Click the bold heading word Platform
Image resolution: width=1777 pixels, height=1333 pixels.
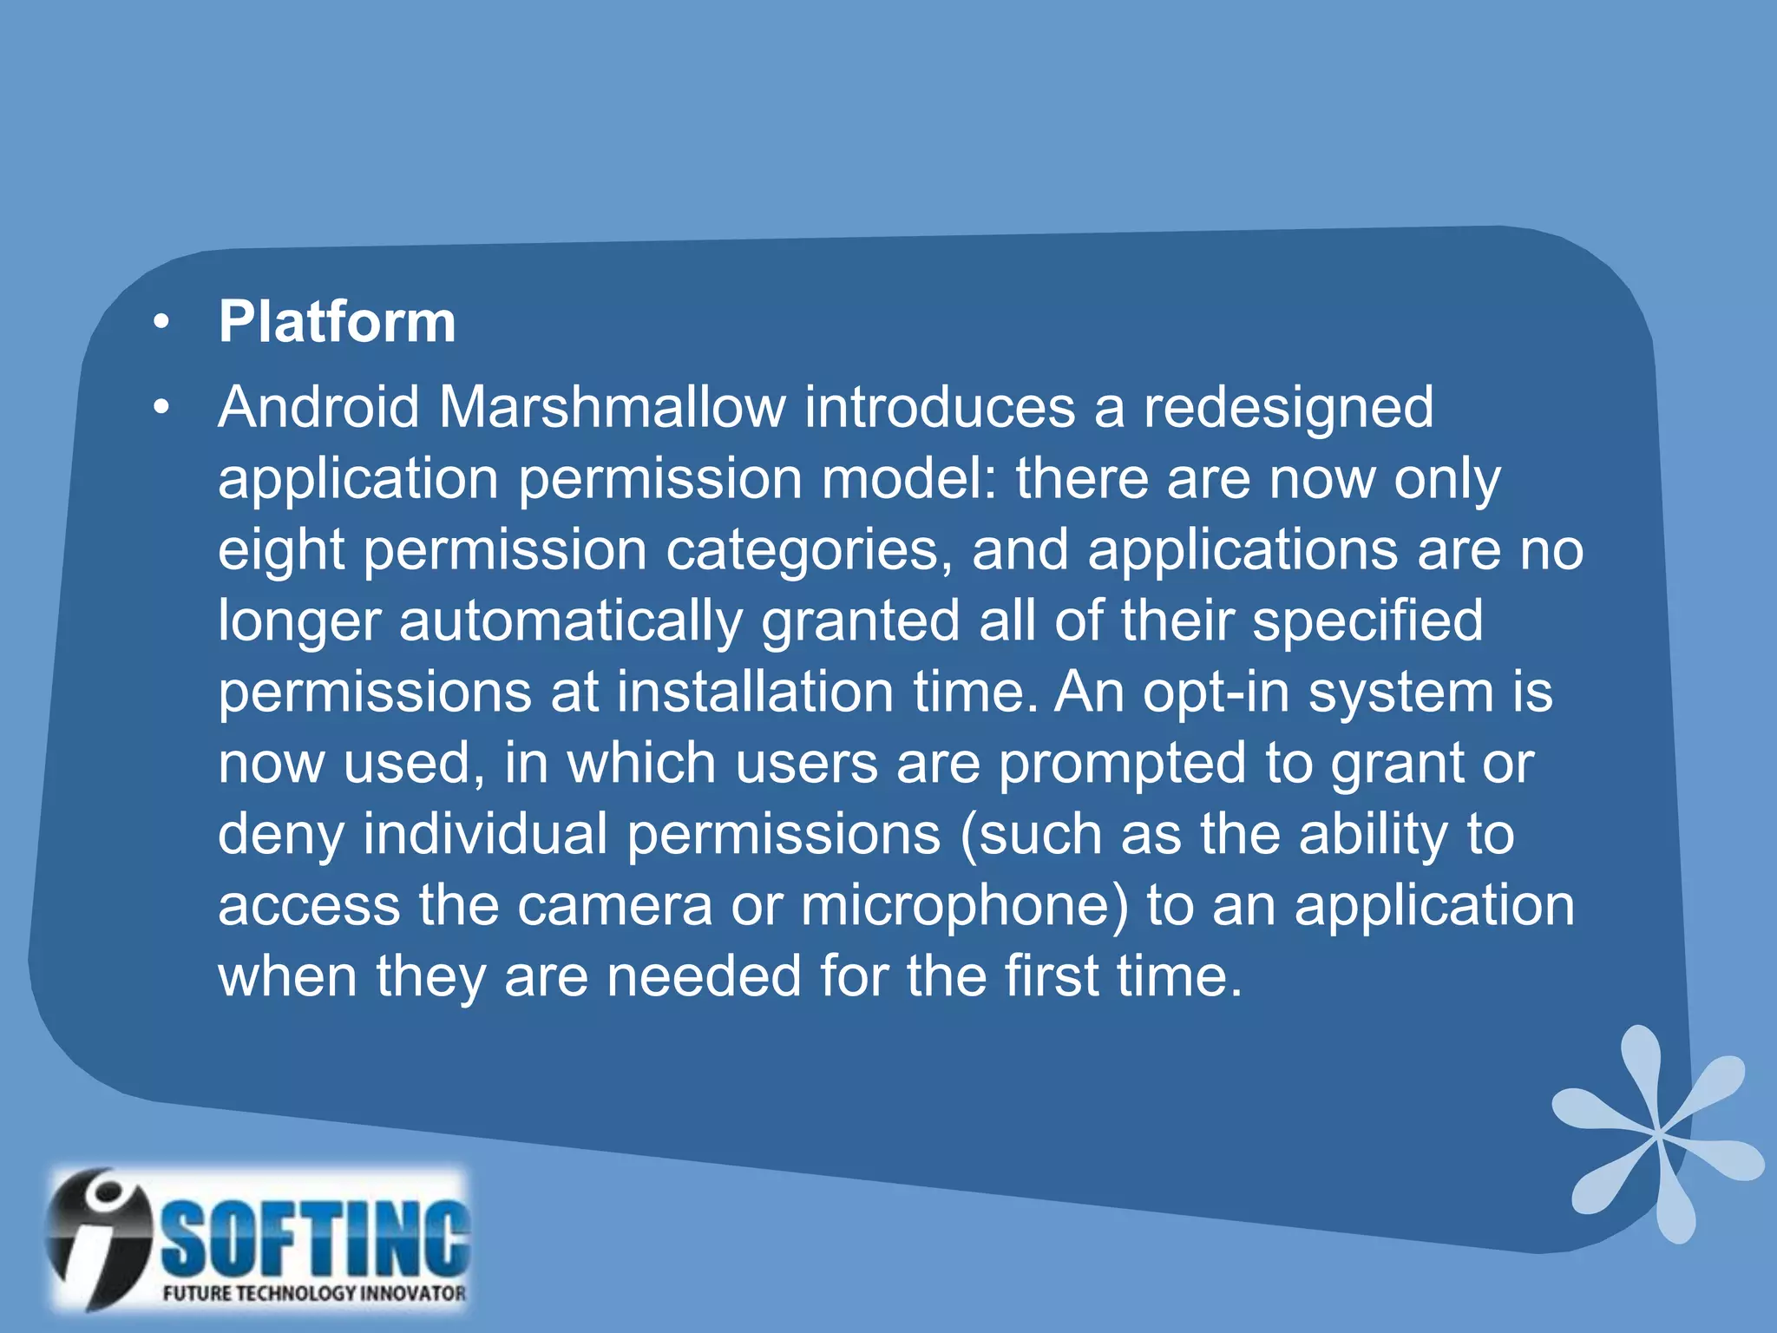pos(337,322)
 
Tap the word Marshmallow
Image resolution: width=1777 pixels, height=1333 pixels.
pos(613,407)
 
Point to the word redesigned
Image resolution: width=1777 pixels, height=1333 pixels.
pos(1288,409)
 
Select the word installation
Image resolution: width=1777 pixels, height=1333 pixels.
pos(755,693)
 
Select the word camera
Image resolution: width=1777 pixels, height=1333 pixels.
pos(615,906)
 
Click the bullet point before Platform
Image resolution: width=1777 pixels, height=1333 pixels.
pos(161,323)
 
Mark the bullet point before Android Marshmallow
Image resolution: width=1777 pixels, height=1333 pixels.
pos(161,408)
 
